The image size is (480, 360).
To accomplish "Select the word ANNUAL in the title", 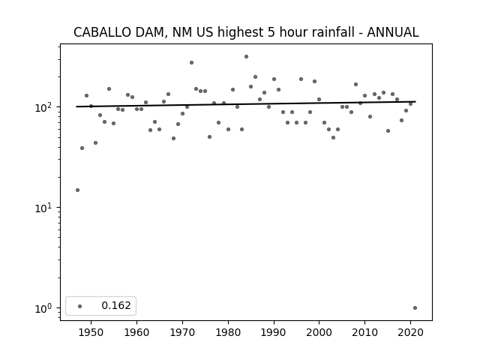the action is [x=393, y=32].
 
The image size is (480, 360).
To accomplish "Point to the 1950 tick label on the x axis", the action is [x=91, y=332].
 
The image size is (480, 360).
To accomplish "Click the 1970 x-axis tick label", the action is [x=182, y=332].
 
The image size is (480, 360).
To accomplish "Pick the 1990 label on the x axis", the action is [x=274, y=332].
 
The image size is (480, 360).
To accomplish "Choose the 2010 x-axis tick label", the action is [x=364, y=332].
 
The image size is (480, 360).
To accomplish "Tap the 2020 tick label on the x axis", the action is [x=410, y=332].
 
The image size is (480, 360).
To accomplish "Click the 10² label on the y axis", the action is [x=45, y=107].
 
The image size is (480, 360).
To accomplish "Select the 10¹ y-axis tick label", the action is [x=45, y=208].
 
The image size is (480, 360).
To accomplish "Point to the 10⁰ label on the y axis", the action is [x=45, y=308].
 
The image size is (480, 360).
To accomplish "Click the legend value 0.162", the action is [x=116, y=305].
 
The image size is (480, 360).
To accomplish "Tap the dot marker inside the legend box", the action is [x=80, y=306].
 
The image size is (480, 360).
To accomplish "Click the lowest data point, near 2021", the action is [x=415, y=308].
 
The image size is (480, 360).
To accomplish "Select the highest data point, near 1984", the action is [x=246, y=57].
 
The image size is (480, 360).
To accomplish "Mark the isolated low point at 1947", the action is [x=77, y=190].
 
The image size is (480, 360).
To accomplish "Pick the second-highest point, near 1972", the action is [x=192, y=63].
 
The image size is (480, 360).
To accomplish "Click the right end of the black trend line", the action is [x=415, y=102].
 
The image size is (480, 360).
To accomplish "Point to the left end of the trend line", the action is [x=76, y=106].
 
